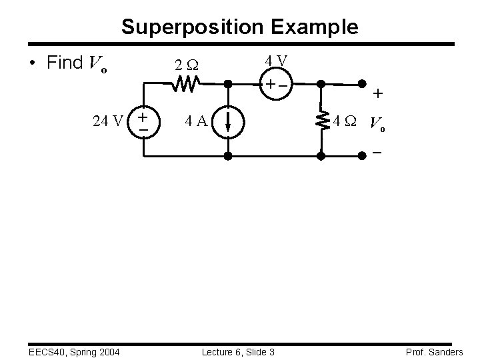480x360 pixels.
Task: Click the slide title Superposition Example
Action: pyautogui.click(x=239, y=27)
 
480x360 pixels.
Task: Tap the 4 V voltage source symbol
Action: pyautogui.click(x=274, y=85)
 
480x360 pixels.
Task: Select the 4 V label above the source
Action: pyautogui.click(x=275, y=61)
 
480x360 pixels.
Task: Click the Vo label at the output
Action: pyautogui.click(x=377, y=123)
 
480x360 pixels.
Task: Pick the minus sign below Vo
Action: pyautogui.click(x=377, y=153)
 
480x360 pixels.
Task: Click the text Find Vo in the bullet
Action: pyautogui.click(x=78, y=63)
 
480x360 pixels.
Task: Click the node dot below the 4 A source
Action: pyautogui.click(x=227, y=156)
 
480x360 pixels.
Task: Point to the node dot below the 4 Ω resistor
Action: pyautogui.click(x=321, y=156)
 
